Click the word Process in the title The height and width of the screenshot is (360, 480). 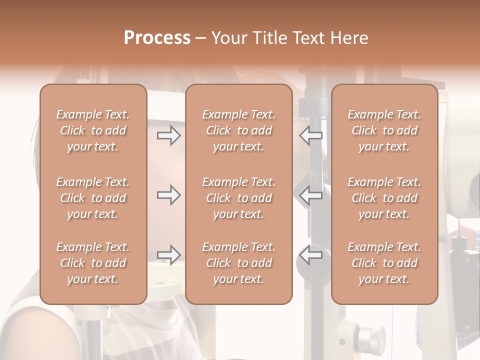click(157, 38)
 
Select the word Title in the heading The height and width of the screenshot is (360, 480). click(270, 38)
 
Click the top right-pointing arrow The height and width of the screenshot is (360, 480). click(168, 135)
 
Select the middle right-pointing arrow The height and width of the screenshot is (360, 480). click(168, 195)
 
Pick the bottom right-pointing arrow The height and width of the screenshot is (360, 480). click(168, 255)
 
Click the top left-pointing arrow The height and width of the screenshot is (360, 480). click(311, 135)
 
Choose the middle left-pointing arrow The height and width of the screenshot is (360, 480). click(311, 195)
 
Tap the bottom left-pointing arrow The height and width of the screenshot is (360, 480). click(311, 255)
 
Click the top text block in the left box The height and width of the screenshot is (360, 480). click(93, 130)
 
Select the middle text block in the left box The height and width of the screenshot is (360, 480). click(93, 198)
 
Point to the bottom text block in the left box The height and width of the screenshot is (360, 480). click(93, 263)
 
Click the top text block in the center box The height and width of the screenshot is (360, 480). click(239, 130)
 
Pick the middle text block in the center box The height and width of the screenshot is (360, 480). click(239, 198)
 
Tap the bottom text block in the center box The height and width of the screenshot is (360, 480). click(239, 263)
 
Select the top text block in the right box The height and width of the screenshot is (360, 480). click(384, 130)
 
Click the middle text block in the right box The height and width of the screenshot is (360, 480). click(384, 198)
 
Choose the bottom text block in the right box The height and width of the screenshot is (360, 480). click(384, 263)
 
